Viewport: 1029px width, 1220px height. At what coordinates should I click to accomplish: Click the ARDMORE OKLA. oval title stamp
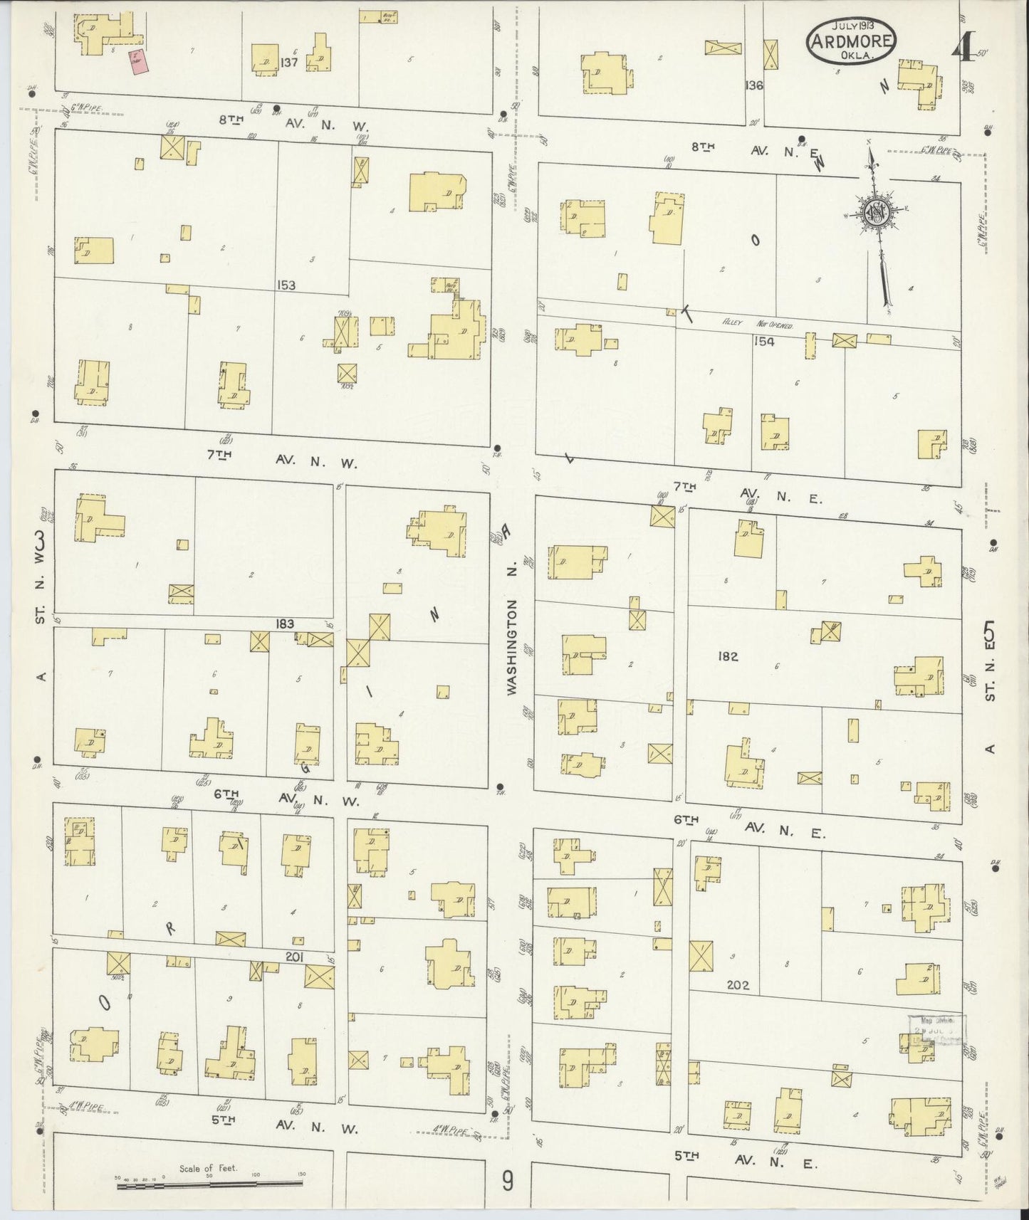pos(851,41)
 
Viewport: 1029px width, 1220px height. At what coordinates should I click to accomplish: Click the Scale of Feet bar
pos(210,1182)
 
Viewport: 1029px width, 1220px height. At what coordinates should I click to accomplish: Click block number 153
pos(287,285)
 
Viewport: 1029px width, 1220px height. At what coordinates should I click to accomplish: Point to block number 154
pos(764,342)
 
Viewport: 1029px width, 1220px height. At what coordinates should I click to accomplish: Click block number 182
pos(728,656)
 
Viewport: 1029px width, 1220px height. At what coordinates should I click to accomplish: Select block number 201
pos(293,957)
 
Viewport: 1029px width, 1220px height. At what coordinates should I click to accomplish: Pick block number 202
pos(737,986)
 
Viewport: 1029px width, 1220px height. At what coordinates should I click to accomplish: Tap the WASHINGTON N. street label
pos(511,646)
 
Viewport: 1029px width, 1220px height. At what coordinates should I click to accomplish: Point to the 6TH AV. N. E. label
pos(748,827)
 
